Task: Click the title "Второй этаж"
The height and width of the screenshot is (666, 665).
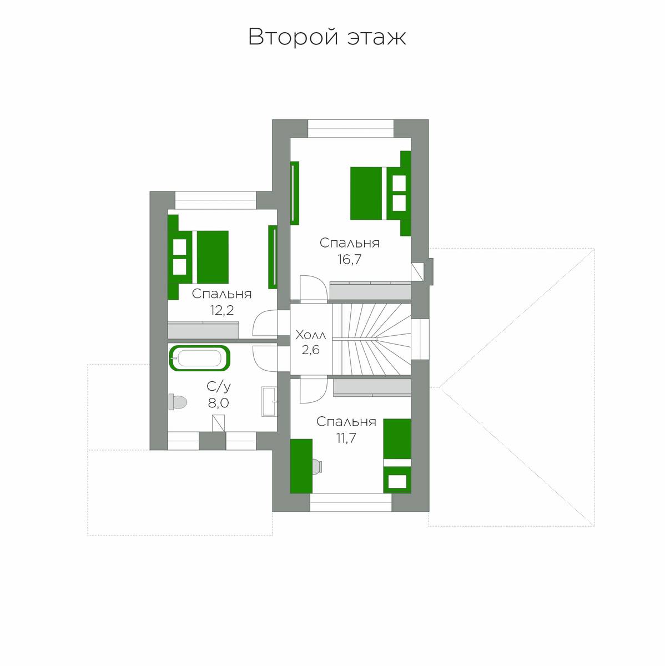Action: pos(327,37)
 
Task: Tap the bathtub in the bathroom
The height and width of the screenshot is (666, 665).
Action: pos(200,358)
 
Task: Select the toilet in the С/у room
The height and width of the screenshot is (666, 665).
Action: pos(178,402)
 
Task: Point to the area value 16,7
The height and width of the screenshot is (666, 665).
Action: pos(349,259)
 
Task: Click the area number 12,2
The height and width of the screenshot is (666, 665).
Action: pos(221,310)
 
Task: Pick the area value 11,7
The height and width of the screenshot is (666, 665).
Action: pos(346,438)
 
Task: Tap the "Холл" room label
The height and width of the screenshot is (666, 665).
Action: pos(310,335)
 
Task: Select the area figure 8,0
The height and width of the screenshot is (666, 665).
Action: pos(218,402)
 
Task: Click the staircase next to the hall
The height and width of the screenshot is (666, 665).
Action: pos(371,339)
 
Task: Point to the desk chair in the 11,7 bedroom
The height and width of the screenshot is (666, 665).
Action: pos(318,466)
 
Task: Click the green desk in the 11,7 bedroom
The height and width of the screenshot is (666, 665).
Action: pos(301,466)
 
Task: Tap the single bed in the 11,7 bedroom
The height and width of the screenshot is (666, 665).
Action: pos(397,456)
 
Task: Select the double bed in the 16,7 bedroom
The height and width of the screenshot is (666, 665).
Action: pos(380,194)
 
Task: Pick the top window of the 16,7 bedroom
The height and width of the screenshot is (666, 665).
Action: pos(351,129)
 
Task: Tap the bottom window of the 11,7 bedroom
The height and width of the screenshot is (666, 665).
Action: pos(351,502)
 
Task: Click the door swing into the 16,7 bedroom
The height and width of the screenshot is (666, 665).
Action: pos(313,289)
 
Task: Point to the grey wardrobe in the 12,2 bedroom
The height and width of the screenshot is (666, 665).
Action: pos(203,330)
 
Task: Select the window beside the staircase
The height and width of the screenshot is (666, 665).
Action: pos(420,339)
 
